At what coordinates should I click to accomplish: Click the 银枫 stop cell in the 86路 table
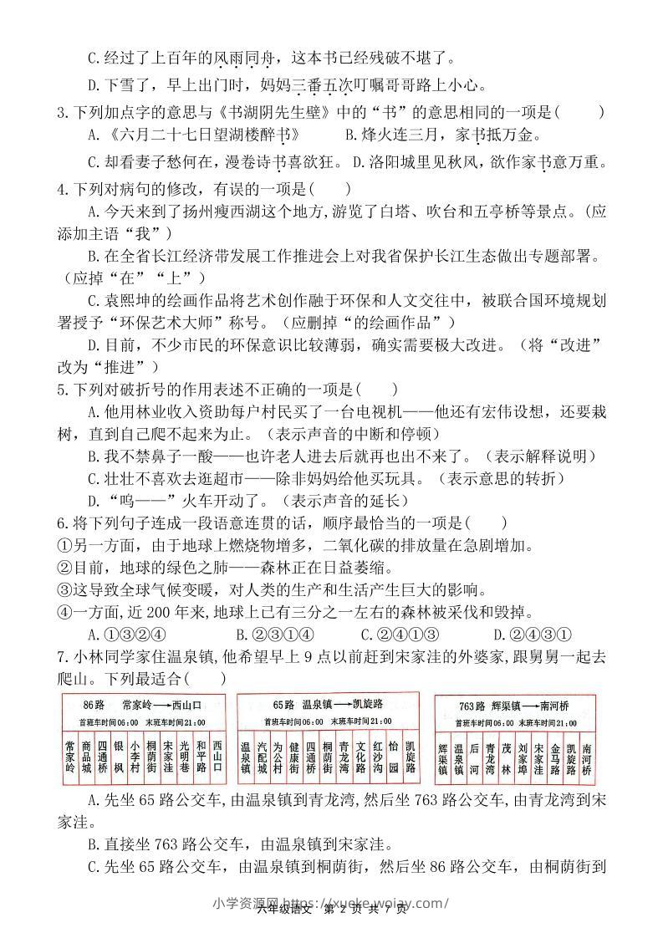(x=119, y=756)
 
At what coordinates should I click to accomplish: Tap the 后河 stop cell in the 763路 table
(x=474, y=756)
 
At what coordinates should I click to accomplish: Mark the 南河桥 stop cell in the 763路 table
(x=587, y=756)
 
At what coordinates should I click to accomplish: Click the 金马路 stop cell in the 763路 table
(x=554, y=756)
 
